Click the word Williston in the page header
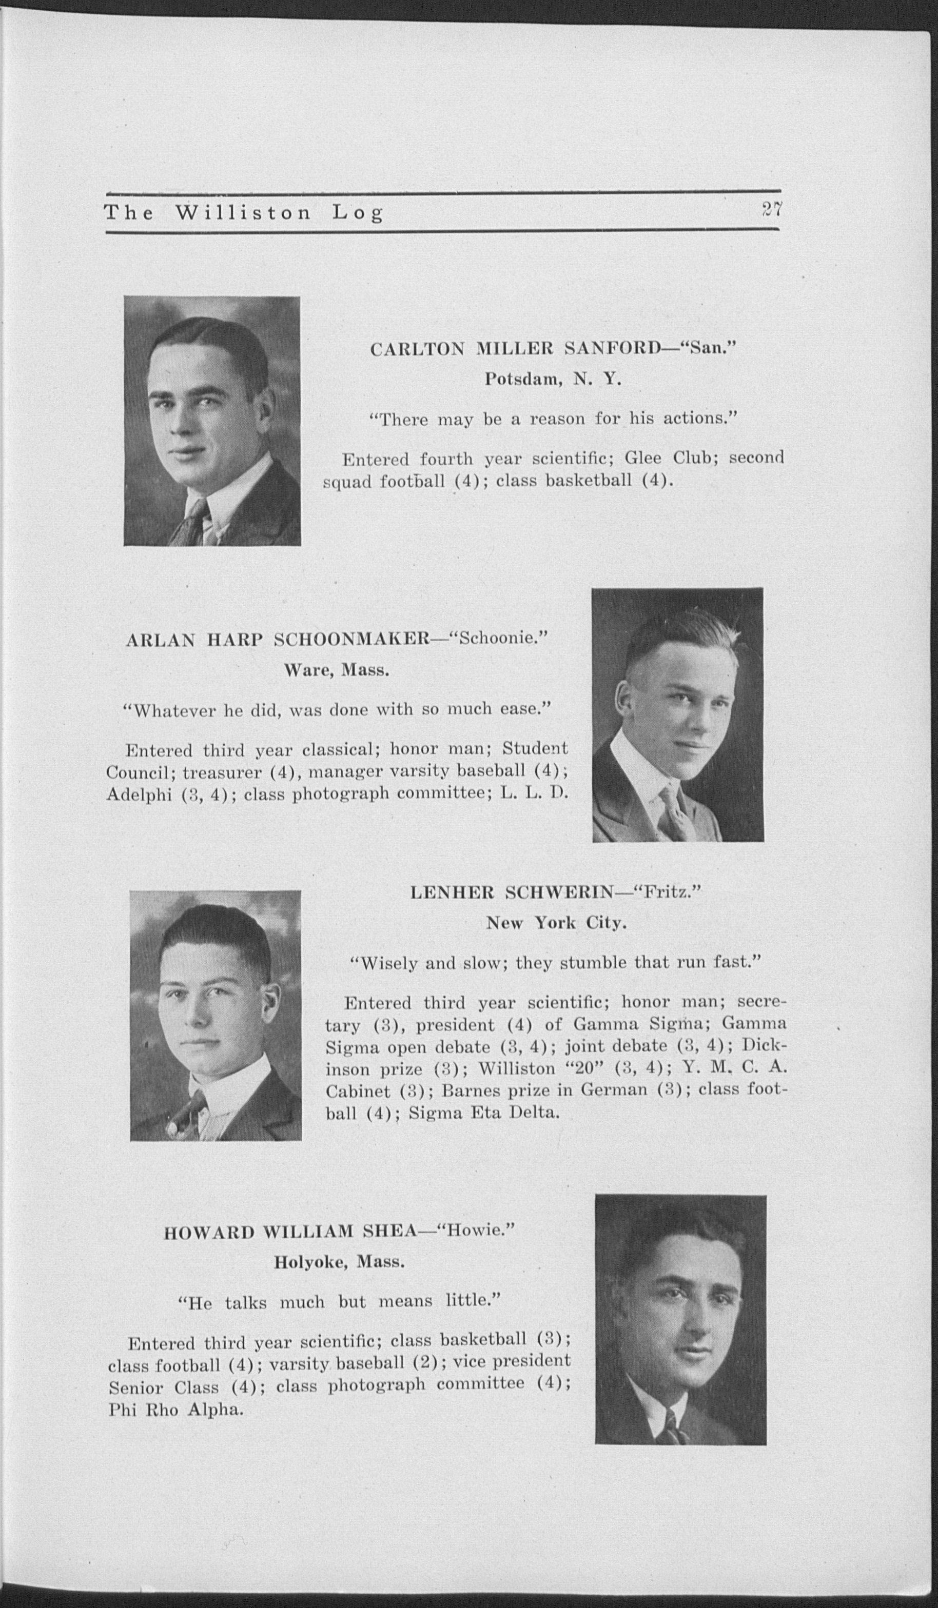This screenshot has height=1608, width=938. tap(243, 212)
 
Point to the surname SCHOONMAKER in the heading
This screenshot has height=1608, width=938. tap(350, 640)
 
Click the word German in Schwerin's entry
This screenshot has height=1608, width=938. tap(617, 1089)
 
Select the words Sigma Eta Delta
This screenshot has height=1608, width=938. tap(484, 1114)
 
